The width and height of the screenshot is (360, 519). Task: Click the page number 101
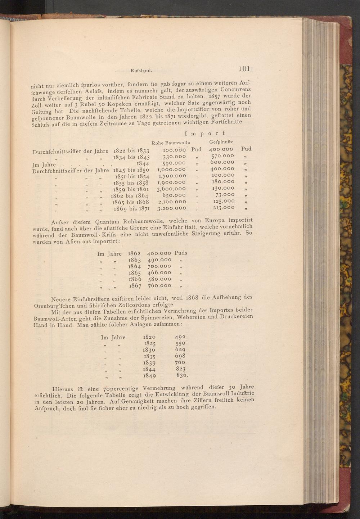pyautogui.click(x=244, y=69)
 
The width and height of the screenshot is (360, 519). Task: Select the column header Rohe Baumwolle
pyautogui.click(x=171, y=143)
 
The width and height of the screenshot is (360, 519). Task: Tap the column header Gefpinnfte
pyautogui.click(x=221, y=142)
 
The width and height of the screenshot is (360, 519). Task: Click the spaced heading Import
pyautogui.click(x=204, y=134)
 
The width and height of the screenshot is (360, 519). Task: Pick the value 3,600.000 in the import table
pyautogui.click(x=171, y=189)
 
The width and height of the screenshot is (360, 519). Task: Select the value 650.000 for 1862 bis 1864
pyautogui.click(x=174, y=195)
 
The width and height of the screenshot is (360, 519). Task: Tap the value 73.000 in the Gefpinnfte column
pyautogui.click(x=225, y=195)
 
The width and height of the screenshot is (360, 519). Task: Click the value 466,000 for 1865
pyautogui.click(x=159, y=273)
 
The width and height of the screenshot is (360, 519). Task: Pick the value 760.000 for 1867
pyautogui.click(x=159, y=285)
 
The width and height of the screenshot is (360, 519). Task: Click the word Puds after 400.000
pyautogui.click(x=181, y=253)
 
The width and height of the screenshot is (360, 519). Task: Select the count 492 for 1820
pyautogui.click(x=180, y=337)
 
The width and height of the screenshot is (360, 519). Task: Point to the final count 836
pyautogui.click(x=182, y=375)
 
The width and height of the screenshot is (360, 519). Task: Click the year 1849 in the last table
pyautogui.click(x=149, y=376)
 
